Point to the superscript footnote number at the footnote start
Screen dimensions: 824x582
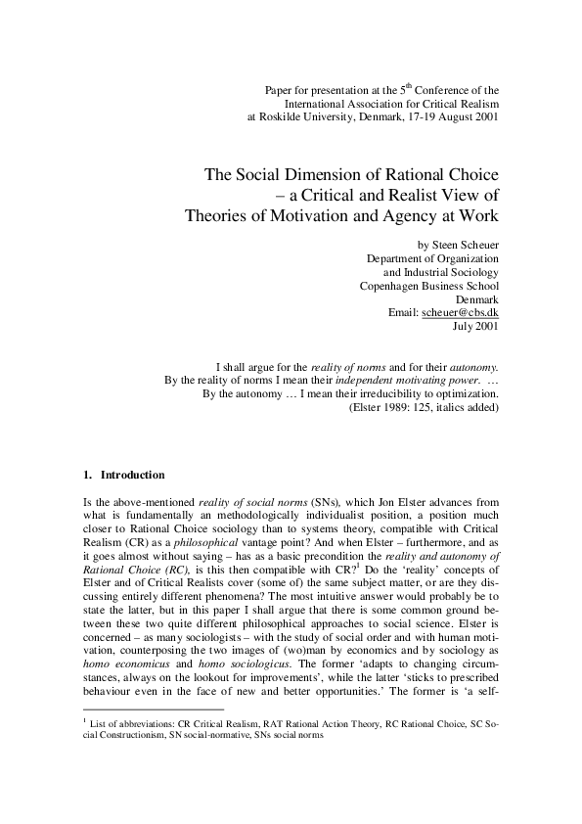85,747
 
